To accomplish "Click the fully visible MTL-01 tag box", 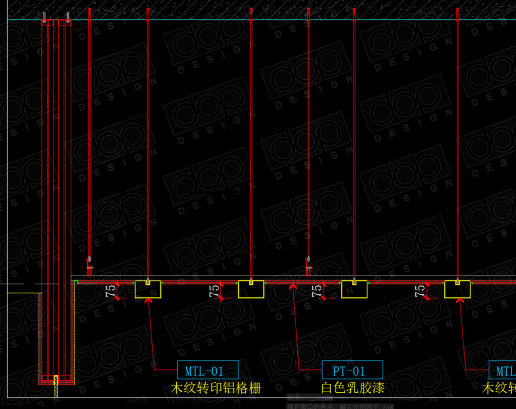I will point(207,370).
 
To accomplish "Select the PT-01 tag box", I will point(352,370).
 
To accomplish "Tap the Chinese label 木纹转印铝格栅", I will point(216,387).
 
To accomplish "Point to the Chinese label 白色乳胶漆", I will point(353,387).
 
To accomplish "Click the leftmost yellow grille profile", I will point(148,290).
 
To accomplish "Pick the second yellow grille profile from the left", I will point(251,290).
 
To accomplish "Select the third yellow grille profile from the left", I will point(355,290).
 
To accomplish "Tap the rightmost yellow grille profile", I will point(458,290).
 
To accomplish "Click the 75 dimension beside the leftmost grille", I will point(110,291).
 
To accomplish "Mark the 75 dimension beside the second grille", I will point(214,291).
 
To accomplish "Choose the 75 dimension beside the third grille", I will point(317,291).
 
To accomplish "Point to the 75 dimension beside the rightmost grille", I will point(420,291).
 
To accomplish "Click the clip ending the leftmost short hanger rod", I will point(89,266).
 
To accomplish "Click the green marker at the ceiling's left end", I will point(75,283).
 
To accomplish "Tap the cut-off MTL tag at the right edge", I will point(503,370).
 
